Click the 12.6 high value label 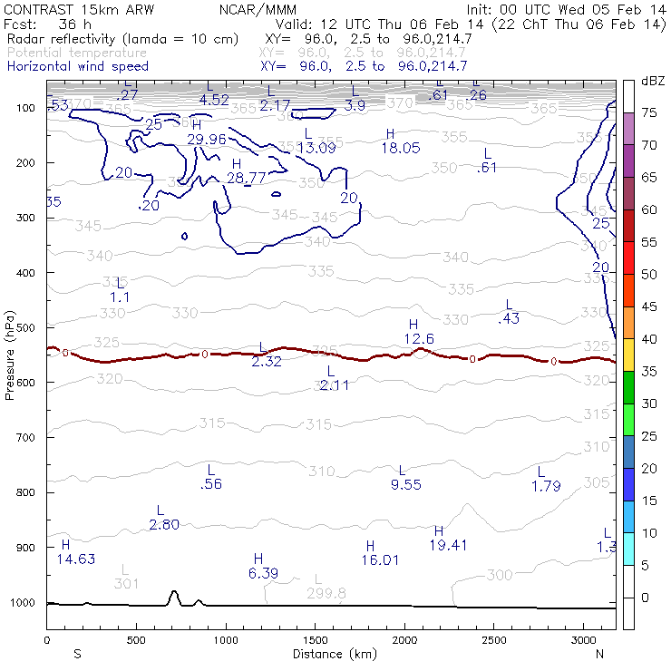[419, 338]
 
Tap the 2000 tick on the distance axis [403, 640]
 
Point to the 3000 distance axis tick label [581, 640]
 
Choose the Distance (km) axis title [332, 653]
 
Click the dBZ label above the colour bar [653, 82]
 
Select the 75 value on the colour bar [649, 112]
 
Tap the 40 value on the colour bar [649, 339]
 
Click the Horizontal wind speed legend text [78, 66]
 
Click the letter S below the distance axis [77, 653]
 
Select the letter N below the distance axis [599, 653]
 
